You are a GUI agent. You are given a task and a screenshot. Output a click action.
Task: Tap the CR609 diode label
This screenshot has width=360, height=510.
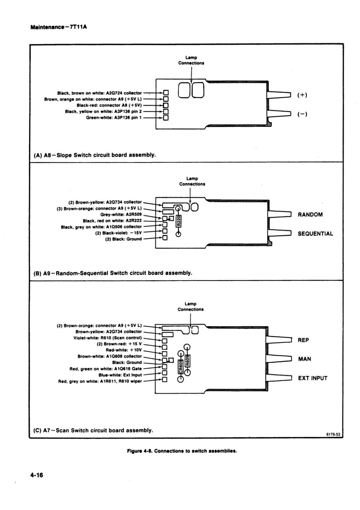tap(180, 367)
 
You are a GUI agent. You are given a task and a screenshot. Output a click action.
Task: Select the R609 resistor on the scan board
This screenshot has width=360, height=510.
tap(187, 360)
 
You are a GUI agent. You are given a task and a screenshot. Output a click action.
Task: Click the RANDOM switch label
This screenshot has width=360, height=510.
tap(310, 214)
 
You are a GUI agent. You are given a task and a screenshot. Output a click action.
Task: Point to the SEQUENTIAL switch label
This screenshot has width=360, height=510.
tap(315, 233)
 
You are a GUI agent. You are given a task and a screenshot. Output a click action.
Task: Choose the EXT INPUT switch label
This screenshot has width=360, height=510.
tap(313, 378)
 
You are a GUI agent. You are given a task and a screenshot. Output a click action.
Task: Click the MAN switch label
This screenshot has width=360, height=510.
tap(305, 359)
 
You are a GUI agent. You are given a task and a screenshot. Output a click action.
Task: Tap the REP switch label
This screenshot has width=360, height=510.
tap(303, 340)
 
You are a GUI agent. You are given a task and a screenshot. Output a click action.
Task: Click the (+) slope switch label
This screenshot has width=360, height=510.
tap(302, 95)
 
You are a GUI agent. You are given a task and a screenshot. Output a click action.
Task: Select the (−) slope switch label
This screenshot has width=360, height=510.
tap(302, 114)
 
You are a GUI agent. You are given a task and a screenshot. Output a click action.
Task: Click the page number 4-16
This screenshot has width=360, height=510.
tap(37, 475)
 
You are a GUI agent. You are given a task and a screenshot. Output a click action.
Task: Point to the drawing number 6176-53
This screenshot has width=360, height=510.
tap(333, 435)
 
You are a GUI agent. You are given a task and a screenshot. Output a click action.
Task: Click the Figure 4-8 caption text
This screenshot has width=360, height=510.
tap(182, 451)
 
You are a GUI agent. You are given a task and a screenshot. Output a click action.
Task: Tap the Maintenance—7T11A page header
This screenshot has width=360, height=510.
tap(59, 27)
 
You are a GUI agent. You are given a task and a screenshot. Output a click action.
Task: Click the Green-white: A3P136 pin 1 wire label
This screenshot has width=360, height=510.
tap(114, 118)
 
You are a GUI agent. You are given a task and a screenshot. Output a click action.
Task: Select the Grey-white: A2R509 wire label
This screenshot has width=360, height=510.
tap(121, 214)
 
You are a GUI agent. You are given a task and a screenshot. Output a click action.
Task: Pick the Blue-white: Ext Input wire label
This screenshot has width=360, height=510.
tap(120, 375)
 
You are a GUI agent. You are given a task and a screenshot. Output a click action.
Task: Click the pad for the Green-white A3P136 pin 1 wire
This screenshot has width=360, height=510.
tap(166, 118)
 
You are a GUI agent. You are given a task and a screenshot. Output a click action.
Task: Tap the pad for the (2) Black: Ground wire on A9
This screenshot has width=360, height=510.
tap(165, 238)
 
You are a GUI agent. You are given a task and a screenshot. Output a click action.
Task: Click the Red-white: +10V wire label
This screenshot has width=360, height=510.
tap(124, 350)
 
